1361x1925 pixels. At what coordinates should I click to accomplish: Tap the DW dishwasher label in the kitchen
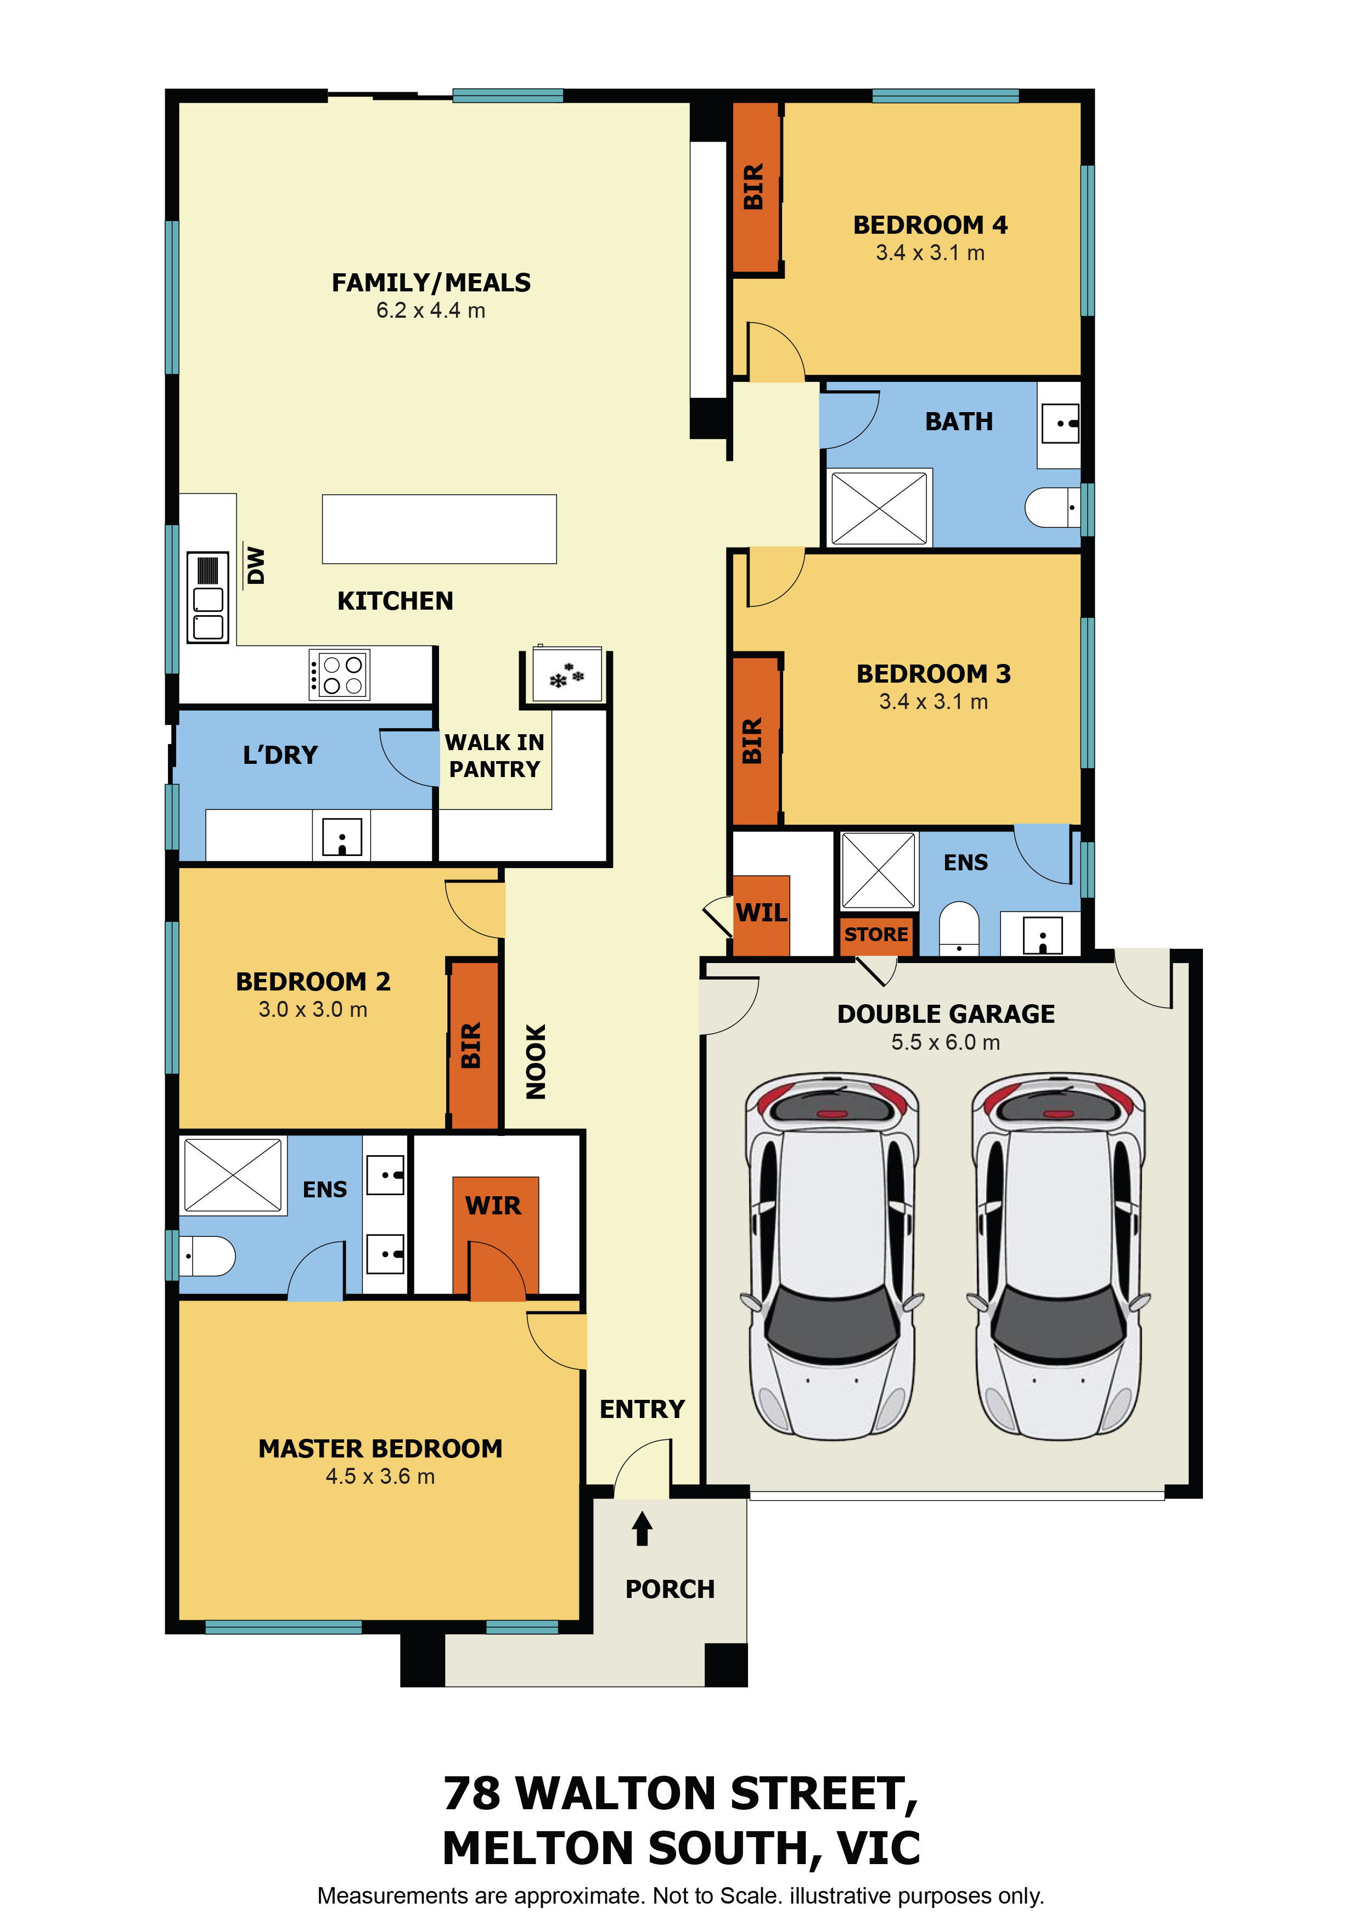pyautogui.click(x=256, y=566)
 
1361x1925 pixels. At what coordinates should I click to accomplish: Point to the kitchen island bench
pyautogui.click(x=440, y=529)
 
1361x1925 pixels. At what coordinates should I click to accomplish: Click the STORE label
pyautogui.click(x=876, y=934)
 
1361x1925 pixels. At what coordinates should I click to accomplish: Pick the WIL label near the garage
pyautogui.click(x=761, y=912)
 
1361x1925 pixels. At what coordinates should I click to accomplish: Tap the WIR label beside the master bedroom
pyautogui.click(x=493, y=1206)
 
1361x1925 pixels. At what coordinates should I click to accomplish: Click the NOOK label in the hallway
pyautogui.click(x=536, y=1061)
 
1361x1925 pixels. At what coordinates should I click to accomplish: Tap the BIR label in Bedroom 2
pyautogui.click(x=471, y=1045)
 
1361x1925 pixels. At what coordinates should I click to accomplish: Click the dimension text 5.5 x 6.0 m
pyautogui.click(x=946, y=1042)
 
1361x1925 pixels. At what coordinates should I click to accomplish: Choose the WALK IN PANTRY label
pyautogui.click(x=495, y=756)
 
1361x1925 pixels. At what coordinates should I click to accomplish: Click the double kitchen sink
pyautogui.click(x=208, y=598)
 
